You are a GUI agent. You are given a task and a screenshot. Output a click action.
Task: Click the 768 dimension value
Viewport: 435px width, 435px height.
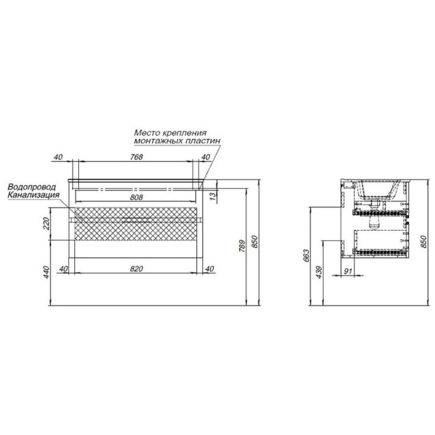coord(136,157)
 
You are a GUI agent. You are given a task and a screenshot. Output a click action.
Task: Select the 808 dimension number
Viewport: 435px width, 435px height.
coord(136,197)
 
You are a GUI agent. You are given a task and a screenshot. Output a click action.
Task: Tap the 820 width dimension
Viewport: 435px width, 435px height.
coord(136,269)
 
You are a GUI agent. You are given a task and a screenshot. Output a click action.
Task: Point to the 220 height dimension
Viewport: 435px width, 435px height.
coord(46,224)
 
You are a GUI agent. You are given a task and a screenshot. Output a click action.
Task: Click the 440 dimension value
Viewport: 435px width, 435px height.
coord(46,272)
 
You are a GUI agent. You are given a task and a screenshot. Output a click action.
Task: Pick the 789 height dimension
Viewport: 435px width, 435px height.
coord(242,246)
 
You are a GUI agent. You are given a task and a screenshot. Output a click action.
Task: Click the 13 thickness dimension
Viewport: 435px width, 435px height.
coord(213,196)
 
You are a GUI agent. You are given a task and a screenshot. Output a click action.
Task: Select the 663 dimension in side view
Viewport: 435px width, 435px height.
coord(306,256)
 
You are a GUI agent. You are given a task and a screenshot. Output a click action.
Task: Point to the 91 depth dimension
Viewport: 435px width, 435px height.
coord(348,271)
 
